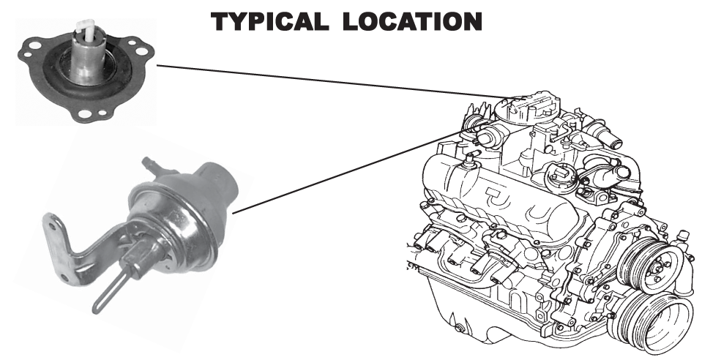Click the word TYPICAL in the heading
[x=269, y=21]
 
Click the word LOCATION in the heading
[x=412, y=21]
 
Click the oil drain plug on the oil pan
[x=459, y=329]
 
